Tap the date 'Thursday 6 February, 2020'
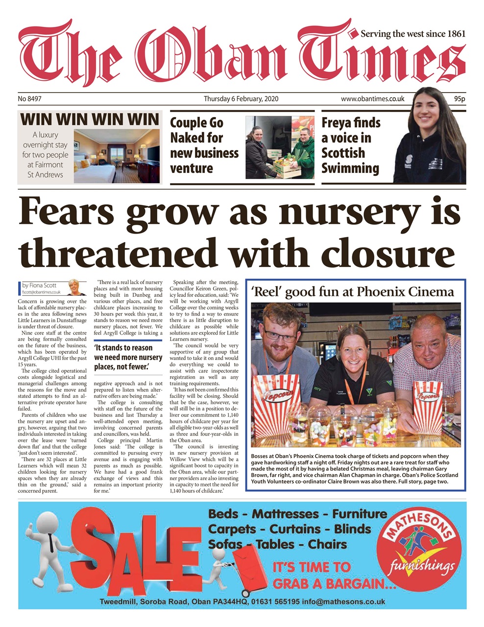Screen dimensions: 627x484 click(x=241, y=99)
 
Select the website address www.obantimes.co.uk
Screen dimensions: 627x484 click(x=372, y=99)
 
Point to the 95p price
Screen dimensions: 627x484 click(x=459, y=99)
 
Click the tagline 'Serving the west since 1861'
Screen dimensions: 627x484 click(x=412, y=34)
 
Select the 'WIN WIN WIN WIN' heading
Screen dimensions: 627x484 click(x=90, y=119)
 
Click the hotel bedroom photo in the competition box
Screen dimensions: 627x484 click(x=118, y=155)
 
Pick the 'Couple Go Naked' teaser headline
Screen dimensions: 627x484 click(x=204, y=145)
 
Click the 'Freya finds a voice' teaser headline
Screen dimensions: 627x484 click(x=351, y=145)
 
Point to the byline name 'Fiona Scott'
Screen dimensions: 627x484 click(x=43, y=285)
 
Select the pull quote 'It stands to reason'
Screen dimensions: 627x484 click(x=127, y=357)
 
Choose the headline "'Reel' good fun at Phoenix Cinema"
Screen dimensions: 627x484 click(x=352, y=292)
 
